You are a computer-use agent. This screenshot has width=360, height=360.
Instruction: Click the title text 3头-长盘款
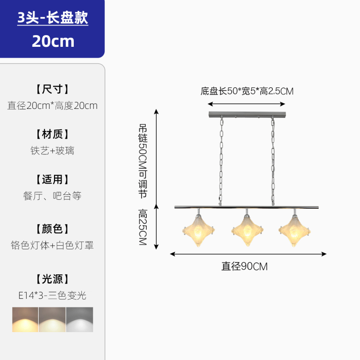[x=53, y=18]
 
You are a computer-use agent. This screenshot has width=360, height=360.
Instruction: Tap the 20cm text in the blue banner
[x=53, y=41]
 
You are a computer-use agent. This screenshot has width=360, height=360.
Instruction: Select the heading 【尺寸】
[x=52, y=89]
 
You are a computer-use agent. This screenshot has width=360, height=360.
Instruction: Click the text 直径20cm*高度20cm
[x=52, y=106]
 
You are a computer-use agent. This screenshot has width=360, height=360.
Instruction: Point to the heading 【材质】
[x=52, y=134]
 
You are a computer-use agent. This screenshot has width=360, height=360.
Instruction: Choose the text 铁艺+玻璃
[x=52, y=151]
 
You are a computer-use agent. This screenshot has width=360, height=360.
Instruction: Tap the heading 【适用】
[x=52, y=180]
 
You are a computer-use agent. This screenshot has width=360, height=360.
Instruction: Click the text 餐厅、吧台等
[x=52, y=196]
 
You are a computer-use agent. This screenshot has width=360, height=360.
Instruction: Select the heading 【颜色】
[x=52, y=229]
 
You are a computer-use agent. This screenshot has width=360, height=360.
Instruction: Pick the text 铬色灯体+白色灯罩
[x=52, y=246]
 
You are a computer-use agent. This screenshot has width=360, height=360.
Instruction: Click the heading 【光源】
[x=52, y=279]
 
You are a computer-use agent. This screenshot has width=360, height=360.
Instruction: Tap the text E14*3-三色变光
[x=52, y=296]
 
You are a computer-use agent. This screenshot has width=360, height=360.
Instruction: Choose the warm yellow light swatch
[x=25, y=319]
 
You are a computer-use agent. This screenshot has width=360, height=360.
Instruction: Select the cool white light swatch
[x=80, y=319]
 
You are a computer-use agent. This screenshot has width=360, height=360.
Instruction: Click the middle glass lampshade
[x=247, y=231]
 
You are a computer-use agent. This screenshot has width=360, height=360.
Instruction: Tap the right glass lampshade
[x=294, y=231]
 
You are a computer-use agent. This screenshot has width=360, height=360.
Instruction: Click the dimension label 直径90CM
[x=244, y=266]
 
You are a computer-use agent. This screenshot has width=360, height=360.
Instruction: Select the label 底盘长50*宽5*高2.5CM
[x=247, y=91]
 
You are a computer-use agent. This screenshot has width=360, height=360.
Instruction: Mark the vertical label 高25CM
[x=143, y=227]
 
